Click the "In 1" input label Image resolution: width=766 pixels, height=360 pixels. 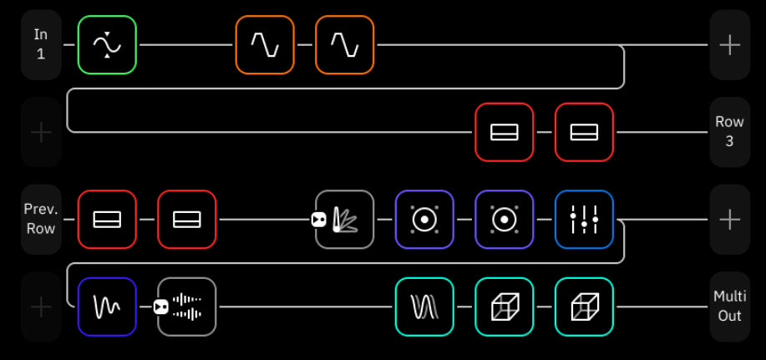point(41,44)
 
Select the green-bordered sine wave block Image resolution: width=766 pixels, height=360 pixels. point(107,45)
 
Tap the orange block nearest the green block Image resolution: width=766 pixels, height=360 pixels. point(265,45)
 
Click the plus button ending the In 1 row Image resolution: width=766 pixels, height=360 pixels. point(730,44)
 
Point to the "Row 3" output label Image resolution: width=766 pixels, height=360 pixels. point(730,131)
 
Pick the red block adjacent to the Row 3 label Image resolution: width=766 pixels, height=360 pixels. point(584,132)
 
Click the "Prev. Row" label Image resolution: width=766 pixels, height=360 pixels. point(41,219)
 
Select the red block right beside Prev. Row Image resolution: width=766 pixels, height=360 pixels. point(107,220)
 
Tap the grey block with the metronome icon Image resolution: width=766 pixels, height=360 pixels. point(345,220)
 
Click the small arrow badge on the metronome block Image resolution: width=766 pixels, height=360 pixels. point(318,220)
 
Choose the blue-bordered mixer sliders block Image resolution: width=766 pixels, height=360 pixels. point(584,220)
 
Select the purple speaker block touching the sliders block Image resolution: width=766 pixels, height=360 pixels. point(505,220)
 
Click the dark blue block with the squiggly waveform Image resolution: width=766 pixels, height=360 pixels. point(107,307)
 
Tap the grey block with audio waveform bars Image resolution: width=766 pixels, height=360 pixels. point(186,307)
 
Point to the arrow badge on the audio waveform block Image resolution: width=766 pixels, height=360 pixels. point(160,307)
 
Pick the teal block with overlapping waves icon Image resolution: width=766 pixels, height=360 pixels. point(424,307)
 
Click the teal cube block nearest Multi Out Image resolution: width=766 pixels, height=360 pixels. point(584,307)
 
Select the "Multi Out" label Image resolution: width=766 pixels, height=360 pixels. point(730,307)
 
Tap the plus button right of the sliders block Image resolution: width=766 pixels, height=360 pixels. point(730,219)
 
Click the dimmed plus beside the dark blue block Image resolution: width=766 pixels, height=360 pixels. point(41,307)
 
